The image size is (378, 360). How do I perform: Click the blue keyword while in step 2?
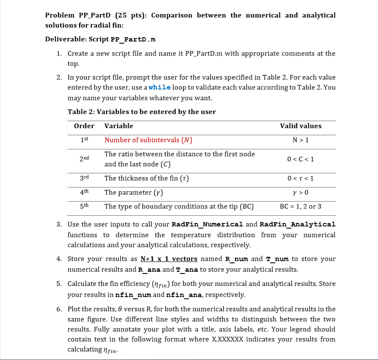click(x=159, y=87)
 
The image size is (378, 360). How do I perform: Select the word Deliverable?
click(x=65, y=39)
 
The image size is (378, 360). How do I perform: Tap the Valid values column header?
click(x=301, y=126)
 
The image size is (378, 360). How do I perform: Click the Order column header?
click(x=84, y=126)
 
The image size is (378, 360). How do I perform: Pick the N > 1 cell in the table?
click(x=301, y=140)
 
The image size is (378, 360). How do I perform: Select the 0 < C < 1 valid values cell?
click(x=301, y=159)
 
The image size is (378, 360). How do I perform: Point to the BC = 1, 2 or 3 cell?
click(x=301, y=206)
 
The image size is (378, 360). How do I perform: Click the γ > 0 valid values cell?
click(x=301, y=193)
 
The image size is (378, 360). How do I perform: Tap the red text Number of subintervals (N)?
click(x=148, y=140)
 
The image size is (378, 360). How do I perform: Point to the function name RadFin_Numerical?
click(x=207, y=224)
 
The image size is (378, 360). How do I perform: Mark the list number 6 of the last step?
click(x=59, y=309)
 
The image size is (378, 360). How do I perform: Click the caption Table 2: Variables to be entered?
click(x=142, y=112)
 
